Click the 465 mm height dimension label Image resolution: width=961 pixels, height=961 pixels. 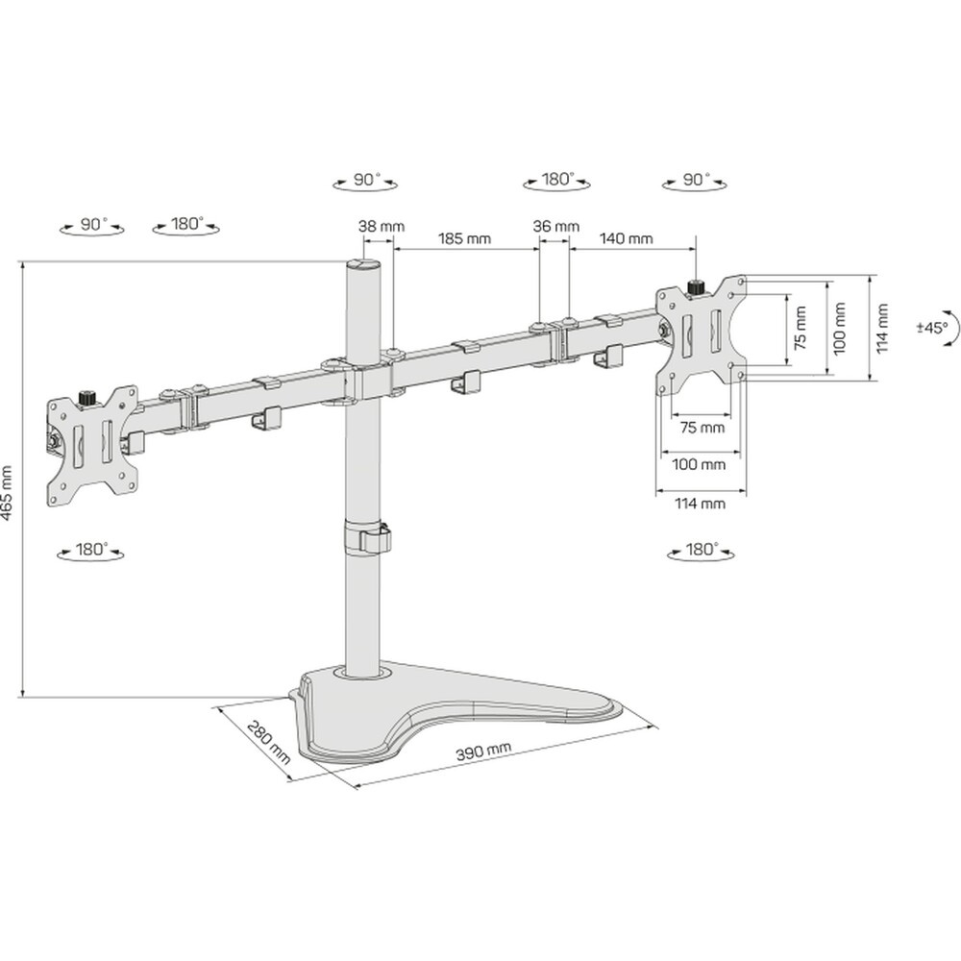pyautogui.click(x=7, y=493)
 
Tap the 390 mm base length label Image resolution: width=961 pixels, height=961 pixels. pyautogui.click(x=483, y=751)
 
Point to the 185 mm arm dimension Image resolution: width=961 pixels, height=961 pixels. pyautogui.click(x=464, y=237)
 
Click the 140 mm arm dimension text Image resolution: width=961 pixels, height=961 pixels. pyautogui.click(x=626, y=237)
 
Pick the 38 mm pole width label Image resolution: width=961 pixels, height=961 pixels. pyautogui.click(x=382, y=226)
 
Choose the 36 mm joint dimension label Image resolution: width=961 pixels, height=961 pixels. pyautogui.click(x=555, y=226)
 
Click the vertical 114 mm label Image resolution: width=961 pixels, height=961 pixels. pyautogui.click(x=882, y=328)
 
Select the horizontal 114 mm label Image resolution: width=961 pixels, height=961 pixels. pyautogui.click(x=700, y=504)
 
